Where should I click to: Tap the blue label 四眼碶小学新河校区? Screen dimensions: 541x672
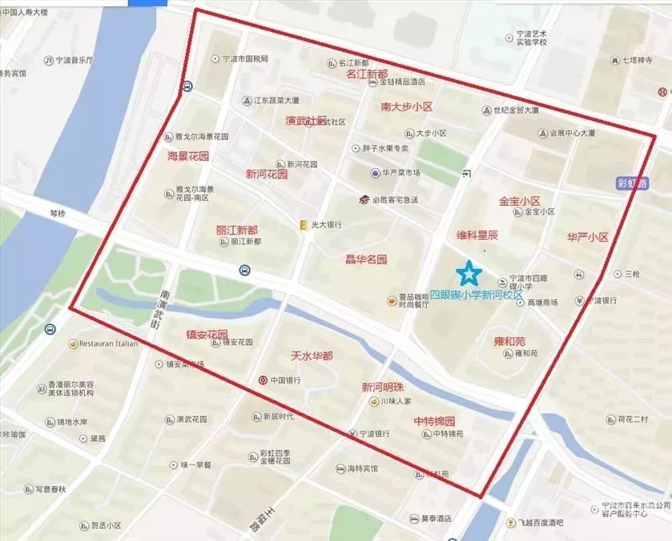476,295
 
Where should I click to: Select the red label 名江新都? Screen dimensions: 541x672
367,74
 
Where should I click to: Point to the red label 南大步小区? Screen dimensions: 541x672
406,106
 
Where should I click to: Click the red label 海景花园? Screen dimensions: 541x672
187,156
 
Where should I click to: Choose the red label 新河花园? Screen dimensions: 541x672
266,174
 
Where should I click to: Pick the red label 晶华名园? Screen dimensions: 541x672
365,259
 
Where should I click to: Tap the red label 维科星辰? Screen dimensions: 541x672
477,235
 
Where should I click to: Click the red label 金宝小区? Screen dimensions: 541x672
520,201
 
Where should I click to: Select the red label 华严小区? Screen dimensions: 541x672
587,238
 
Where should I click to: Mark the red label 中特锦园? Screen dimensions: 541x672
434,421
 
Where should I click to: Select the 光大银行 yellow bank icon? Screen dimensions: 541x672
303,225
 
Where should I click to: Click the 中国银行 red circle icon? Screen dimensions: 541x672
263,380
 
